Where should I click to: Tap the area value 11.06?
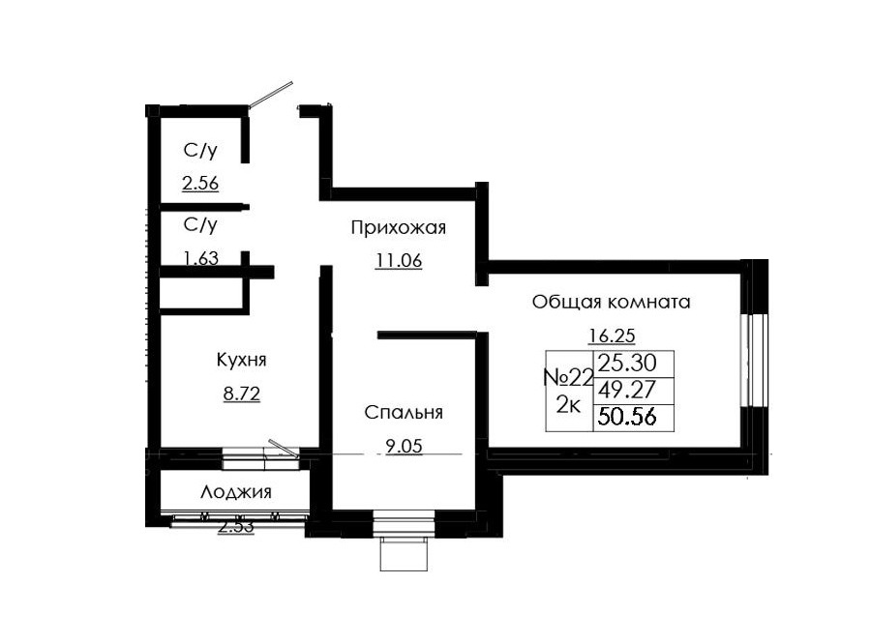point(399,260)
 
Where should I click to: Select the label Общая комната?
point(611,302)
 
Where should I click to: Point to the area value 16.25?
point(612,336)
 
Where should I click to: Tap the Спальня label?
point(404,413)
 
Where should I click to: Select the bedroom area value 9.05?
point(398,447)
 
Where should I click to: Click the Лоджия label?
point(236,492)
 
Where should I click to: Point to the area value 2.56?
point(199,183)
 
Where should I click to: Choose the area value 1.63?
point(199,258)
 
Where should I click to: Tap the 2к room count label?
point(567,405)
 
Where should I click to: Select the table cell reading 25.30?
point(628,364)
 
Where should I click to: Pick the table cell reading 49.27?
point(628,391)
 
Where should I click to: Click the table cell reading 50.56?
point(628,418)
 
